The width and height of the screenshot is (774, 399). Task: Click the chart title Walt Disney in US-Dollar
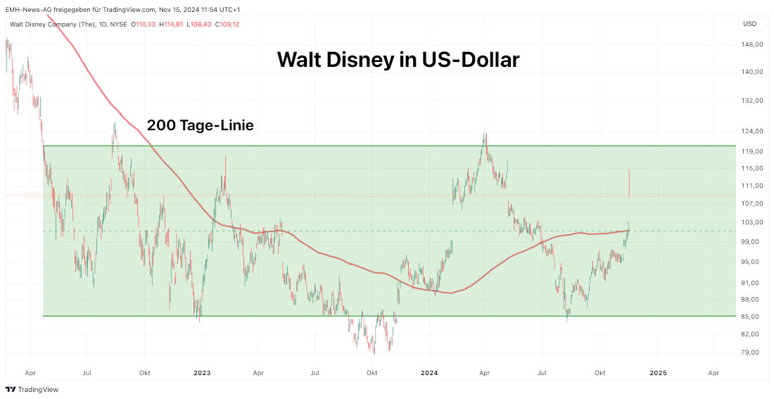pyautogui.click(x=398, y=60)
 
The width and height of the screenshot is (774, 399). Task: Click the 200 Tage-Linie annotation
pyautogui.click(x=200, y=125)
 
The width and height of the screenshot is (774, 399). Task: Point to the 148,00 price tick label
pyautogui.click(x=753, y=44)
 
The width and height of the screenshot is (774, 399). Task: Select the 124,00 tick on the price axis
pyautogui.click(x=753, y=132)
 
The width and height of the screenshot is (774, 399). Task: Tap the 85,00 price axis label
pyautogui.click(x=753, y=316)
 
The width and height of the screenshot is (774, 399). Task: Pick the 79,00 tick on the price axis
pyautogui.click(x=753, y=353)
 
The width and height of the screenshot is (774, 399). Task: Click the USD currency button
pyautogui.click(x=750, y=24)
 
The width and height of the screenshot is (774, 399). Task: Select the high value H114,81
pyautogui.click(x=173, y=24)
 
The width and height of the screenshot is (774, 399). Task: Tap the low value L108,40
pyautogui.click(x=201, y=24)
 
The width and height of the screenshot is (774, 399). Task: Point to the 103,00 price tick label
pyautogui.click(x=753, y=222)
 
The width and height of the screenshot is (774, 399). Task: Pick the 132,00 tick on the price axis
pyautogui.click(x=753, y=101)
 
